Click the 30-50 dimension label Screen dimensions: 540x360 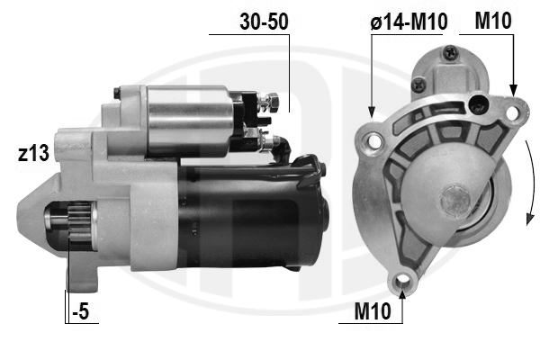264,22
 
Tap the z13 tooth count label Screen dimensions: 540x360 33,153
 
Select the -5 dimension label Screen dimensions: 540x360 81,311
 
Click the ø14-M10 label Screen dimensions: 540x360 409,22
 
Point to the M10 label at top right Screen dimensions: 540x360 493,21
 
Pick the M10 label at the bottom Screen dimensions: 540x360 373,311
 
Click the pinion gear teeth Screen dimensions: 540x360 80,222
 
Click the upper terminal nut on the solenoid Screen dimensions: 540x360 274,103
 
